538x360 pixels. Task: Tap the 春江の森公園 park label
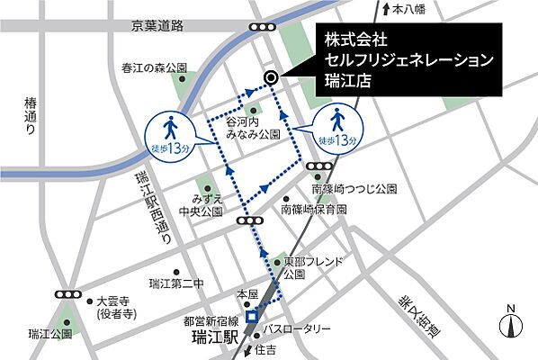(156, 67)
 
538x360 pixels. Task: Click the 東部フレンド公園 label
(313, 266)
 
